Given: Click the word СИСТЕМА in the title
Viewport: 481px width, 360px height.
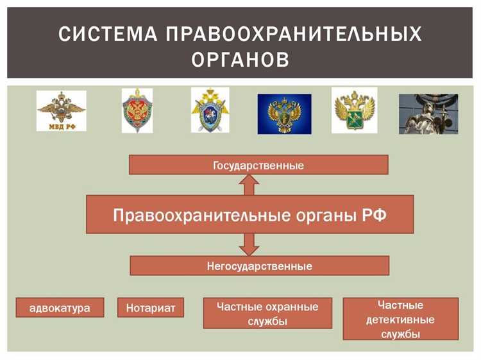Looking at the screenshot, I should coord(105,34).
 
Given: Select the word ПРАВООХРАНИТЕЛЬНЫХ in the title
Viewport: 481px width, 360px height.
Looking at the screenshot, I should coord(294,34).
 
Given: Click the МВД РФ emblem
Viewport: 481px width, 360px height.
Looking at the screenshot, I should coord(61,110).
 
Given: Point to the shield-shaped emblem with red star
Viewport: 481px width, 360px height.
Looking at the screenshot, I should coord(137,110).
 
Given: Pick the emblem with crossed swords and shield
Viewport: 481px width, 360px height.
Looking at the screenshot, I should coord(210,110).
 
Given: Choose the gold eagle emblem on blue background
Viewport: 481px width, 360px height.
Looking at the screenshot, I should coord(284,114).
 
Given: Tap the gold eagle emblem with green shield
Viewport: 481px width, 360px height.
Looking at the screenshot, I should coord(354,110).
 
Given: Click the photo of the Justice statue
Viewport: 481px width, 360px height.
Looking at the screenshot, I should coord(428,114).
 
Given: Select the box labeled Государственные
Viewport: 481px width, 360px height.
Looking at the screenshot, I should coord(258,166).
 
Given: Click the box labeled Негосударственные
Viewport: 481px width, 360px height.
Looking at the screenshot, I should coord(259,266).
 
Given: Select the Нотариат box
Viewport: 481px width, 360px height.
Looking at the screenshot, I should coord(151,307).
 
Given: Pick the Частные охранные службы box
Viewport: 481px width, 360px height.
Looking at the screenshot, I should coord(267,314).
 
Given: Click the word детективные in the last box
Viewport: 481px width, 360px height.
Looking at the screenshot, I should coord(400,320).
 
